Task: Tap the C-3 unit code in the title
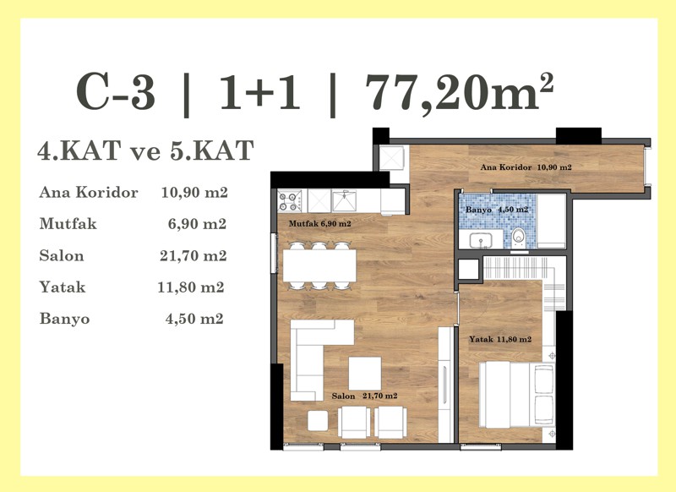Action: (116, 93)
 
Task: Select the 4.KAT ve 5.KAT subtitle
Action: (145, 150)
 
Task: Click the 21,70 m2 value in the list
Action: (194, 255)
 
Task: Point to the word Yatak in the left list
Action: (63, 287)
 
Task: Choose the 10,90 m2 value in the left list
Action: (194, 192)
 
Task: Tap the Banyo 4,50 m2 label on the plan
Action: (497, 210)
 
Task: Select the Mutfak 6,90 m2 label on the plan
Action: (320, 223)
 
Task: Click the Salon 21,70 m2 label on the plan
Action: (364, 396)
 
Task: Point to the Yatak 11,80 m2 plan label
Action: (500, 339)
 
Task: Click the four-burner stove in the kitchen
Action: (289, 201)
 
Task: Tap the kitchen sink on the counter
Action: (345, 201)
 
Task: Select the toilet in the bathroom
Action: (519, 238)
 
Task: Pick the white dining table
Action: (319, 265)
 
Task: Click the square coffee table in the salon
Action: (365, 374)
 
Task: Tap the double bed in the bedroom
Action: (517, 395)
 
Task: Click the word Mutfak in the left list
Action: (68, 224)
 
